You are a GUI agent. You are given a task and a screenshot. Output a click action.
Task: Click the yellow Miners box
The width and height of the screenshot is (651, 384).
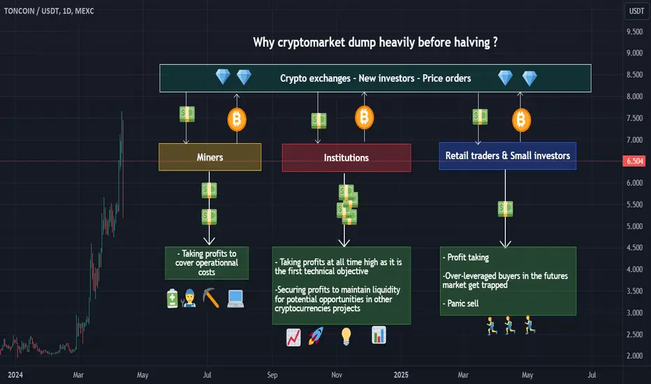coord(210,157)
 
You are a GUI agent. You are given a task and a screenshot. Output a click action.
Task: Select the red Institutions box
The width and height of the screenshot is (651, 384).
coord(346,158)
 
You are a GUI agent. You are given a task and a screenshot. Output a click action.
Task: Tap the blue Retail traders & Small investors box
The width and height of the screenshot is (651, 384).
coord(508,156)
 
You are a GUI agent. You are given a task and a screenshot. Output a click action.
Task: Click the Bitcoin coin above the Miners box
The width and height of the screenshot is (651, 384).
coord(237,119)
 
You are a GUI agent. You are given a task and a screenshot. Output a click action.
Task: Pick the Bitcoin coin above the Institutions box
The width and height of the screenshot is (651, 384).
coord(364,117)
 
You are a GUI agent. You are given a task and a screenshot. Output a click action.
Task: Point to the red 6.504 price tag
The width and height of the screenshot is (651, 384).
coord(634,161)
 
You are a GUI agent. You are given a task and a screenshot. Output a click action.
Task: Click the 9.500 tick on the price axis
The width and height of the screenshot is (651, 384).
coord(634,31)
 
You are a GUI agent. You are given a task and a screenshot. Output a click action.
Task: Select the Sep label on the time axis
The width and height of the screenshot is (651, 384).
coord(272,375)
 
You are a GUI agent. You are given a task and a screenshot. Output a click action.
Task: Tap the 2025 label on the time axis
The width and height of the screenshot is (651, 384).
coord(401,375)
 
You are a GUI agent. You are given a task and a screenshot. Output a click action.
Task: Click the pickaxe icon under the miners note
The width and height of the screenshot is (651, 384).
coord(211,297)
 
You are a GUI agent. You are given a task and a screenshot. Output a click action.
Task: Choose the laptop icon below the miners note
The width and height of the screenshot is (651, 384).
coord(235,299)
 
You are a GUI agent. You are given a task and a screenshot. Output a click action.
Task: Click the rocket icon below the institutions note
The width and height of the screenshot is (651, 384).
coord(316,337)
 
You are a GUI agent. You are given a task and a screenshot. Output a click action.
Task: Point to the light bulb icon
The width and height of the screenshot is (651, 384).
coord(346,337)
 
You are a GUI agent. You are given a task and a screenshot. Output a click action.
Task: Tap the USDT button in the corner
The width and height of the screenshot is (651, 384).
coord(636,11)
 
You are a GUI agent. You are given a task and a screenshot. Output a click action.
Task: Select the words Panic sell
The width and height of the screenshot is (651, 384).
coord(463,304)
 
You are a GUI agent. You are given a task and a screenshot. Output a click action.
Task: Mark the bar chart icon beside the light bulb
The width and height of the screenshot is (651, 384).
coord(379,335)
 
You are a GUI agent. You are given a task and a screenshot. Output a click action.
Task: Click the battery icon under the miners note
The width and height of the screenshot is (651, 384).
coord(173,299)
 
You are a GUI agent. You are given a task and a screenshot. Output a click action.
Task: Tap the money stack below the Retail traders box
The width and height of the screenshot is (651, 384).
coord(505,209)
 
